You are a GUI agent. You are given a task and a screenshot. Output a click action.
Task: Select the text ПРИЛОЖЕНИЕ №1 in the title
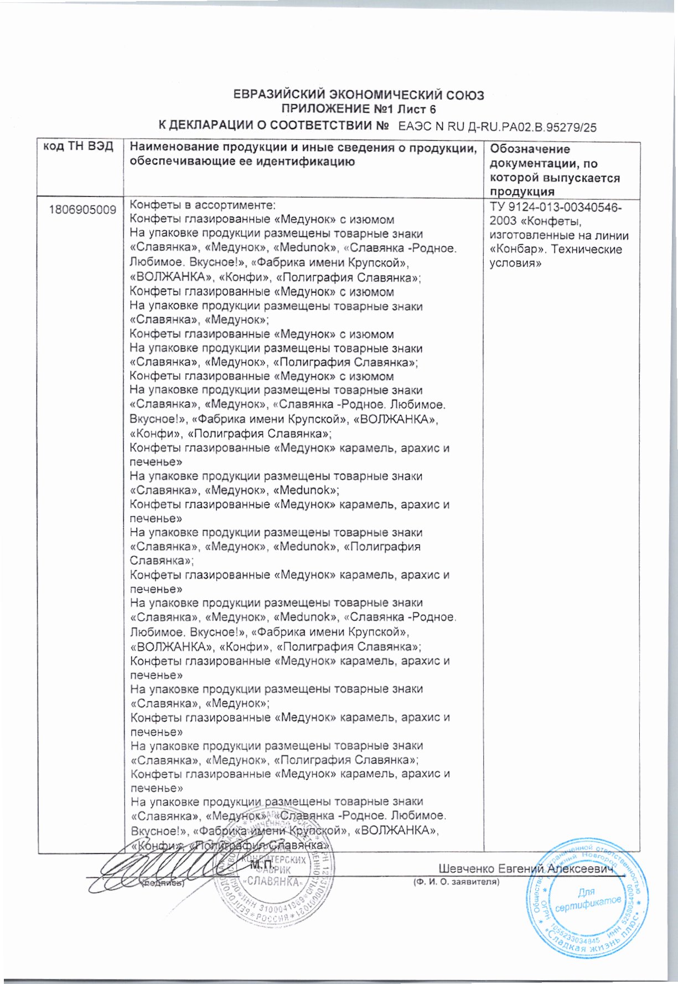click(x=331, y=108)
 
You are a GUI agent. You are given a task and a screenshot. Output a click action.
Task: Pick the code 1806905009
click(x=82, y=210)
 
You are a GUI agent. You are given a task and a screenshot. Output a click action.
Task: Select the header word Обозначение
click(x=530, y=149)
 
